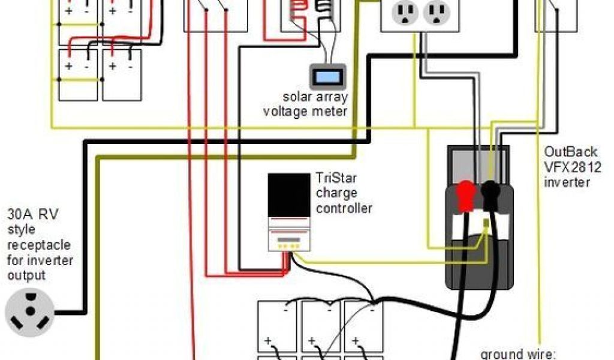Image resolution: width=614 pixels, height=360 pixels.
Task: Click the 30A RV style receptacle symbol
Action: click(x=29, y=313)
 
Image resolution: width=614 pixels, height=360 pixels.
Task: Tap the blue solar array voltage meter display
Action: click(x=325, y=77)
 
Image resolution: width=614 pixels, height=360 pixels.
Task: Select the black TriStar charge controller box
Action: click(x=289, y=195)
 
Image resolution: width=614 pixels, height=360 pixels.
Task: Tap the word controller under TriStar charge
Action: click(x=344, y=208)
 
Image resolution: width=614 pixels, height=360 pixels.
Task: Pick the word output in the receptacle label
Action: click(x=26, y=276)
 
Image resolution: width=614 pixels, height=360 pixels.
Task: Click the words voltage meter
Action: click(x=305, y=111)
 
